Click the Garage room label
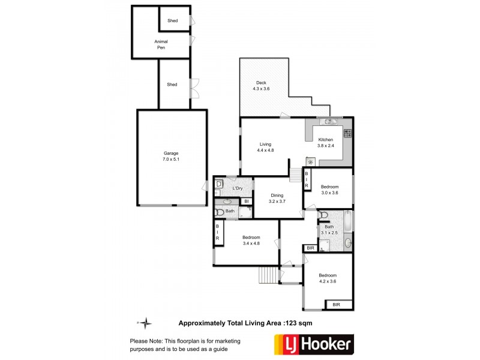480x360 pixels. pos(171,157)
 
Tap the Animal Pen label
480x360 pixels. pos(161,44)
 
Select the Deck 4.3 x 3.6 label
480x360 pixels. pos(261,86)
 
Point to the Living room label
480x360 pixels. pos(266,148)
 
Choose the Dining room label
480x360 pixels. pos(277,199)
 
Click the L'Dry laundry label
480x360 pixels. pos(238,189)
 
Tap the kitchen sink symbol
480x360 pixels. pos(329,122)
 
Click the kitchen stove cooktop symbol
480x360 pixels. pos(347,133)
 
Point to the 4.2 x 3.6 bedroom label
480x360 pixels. pos(328,278)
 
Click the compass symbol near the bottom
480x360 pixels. pos(145,322)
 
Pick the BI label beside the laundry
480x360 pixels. pos(247,201)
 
